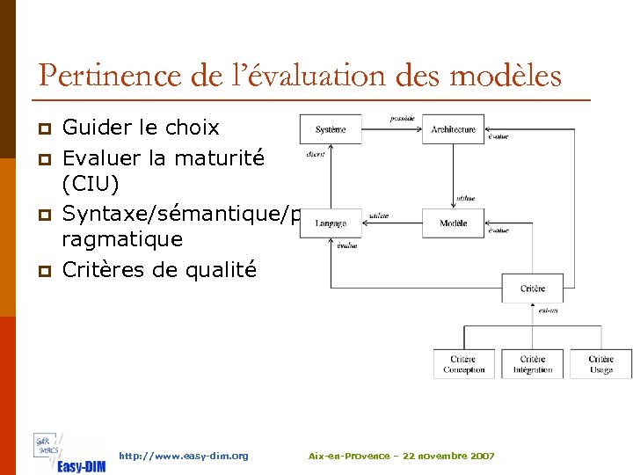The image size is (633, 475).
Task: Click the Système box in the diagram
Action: tap(330, 129)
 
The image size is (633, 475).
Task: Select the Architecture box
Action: tap(453, 129)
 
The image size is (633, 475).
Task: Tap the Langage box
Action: tap(330, 223)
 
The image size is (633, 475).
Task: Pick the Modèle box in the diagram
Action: tap(453, 223)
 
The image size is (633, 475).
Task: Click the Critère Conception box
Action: tap(463, 364)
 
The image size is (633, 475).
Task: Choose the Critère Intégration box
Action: tap(532, 364)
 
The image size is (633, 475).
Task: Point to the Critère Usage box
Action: tap(600, 364)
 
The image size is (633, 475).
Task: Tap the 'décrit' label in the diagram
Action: tap(316, 153)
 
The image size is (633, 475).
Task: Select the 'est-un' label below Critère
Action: tap(547, 310)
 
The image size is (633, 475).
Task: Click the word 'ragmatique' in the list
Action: tap(122, 239)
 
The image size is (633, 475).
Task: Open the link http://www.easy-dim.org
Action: tap(183, 456)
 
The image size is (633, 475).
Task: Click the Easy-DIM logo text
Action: tap(81, 465)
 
